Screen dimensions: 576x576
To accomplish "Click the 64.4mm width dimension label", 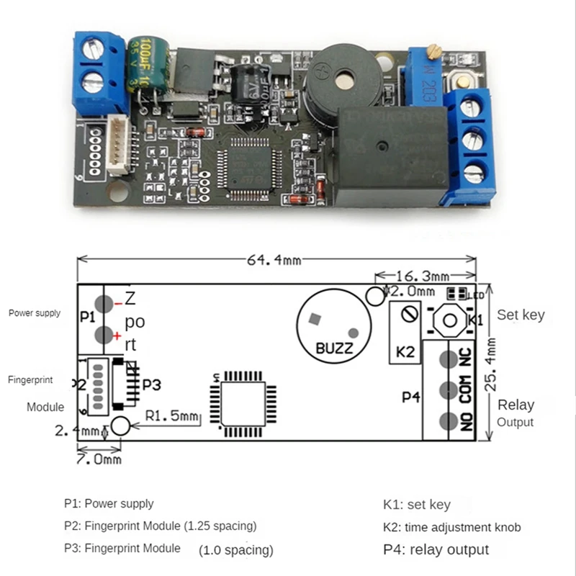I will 274,261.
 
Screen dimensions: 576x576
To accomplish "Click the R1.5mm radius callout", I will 171,415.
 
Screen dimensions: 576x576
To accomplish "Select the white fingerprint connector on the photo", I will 120,145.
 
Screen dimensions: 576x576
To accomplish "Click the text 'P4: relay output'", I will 436,549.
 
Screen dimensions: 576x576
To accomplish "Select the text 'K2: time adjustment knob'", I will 451,527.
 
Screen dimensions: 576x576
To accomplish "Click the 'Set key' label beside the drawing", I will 520,315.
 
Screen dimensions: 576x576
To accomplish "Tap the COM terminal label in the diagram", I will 466,388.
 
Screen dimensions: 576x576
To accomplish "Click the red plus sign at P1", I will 117,336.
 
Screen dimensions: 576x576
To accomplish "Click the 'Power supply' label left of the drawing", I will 35,313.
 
